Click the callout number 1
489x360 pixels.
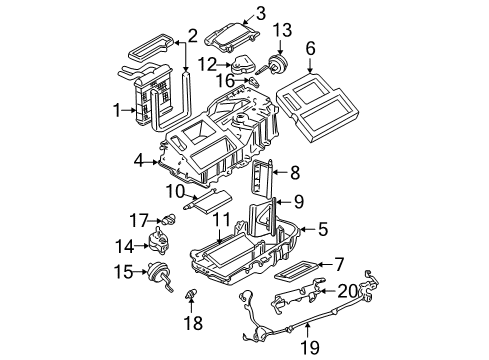pos(118,109)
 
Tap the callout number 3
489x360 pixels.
pos(260,13)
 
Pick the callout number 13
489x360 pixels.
pos(283,29)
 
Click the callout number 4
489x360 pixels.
pos(139,157)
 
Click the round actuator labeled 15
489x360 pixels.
pos(158,270)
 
